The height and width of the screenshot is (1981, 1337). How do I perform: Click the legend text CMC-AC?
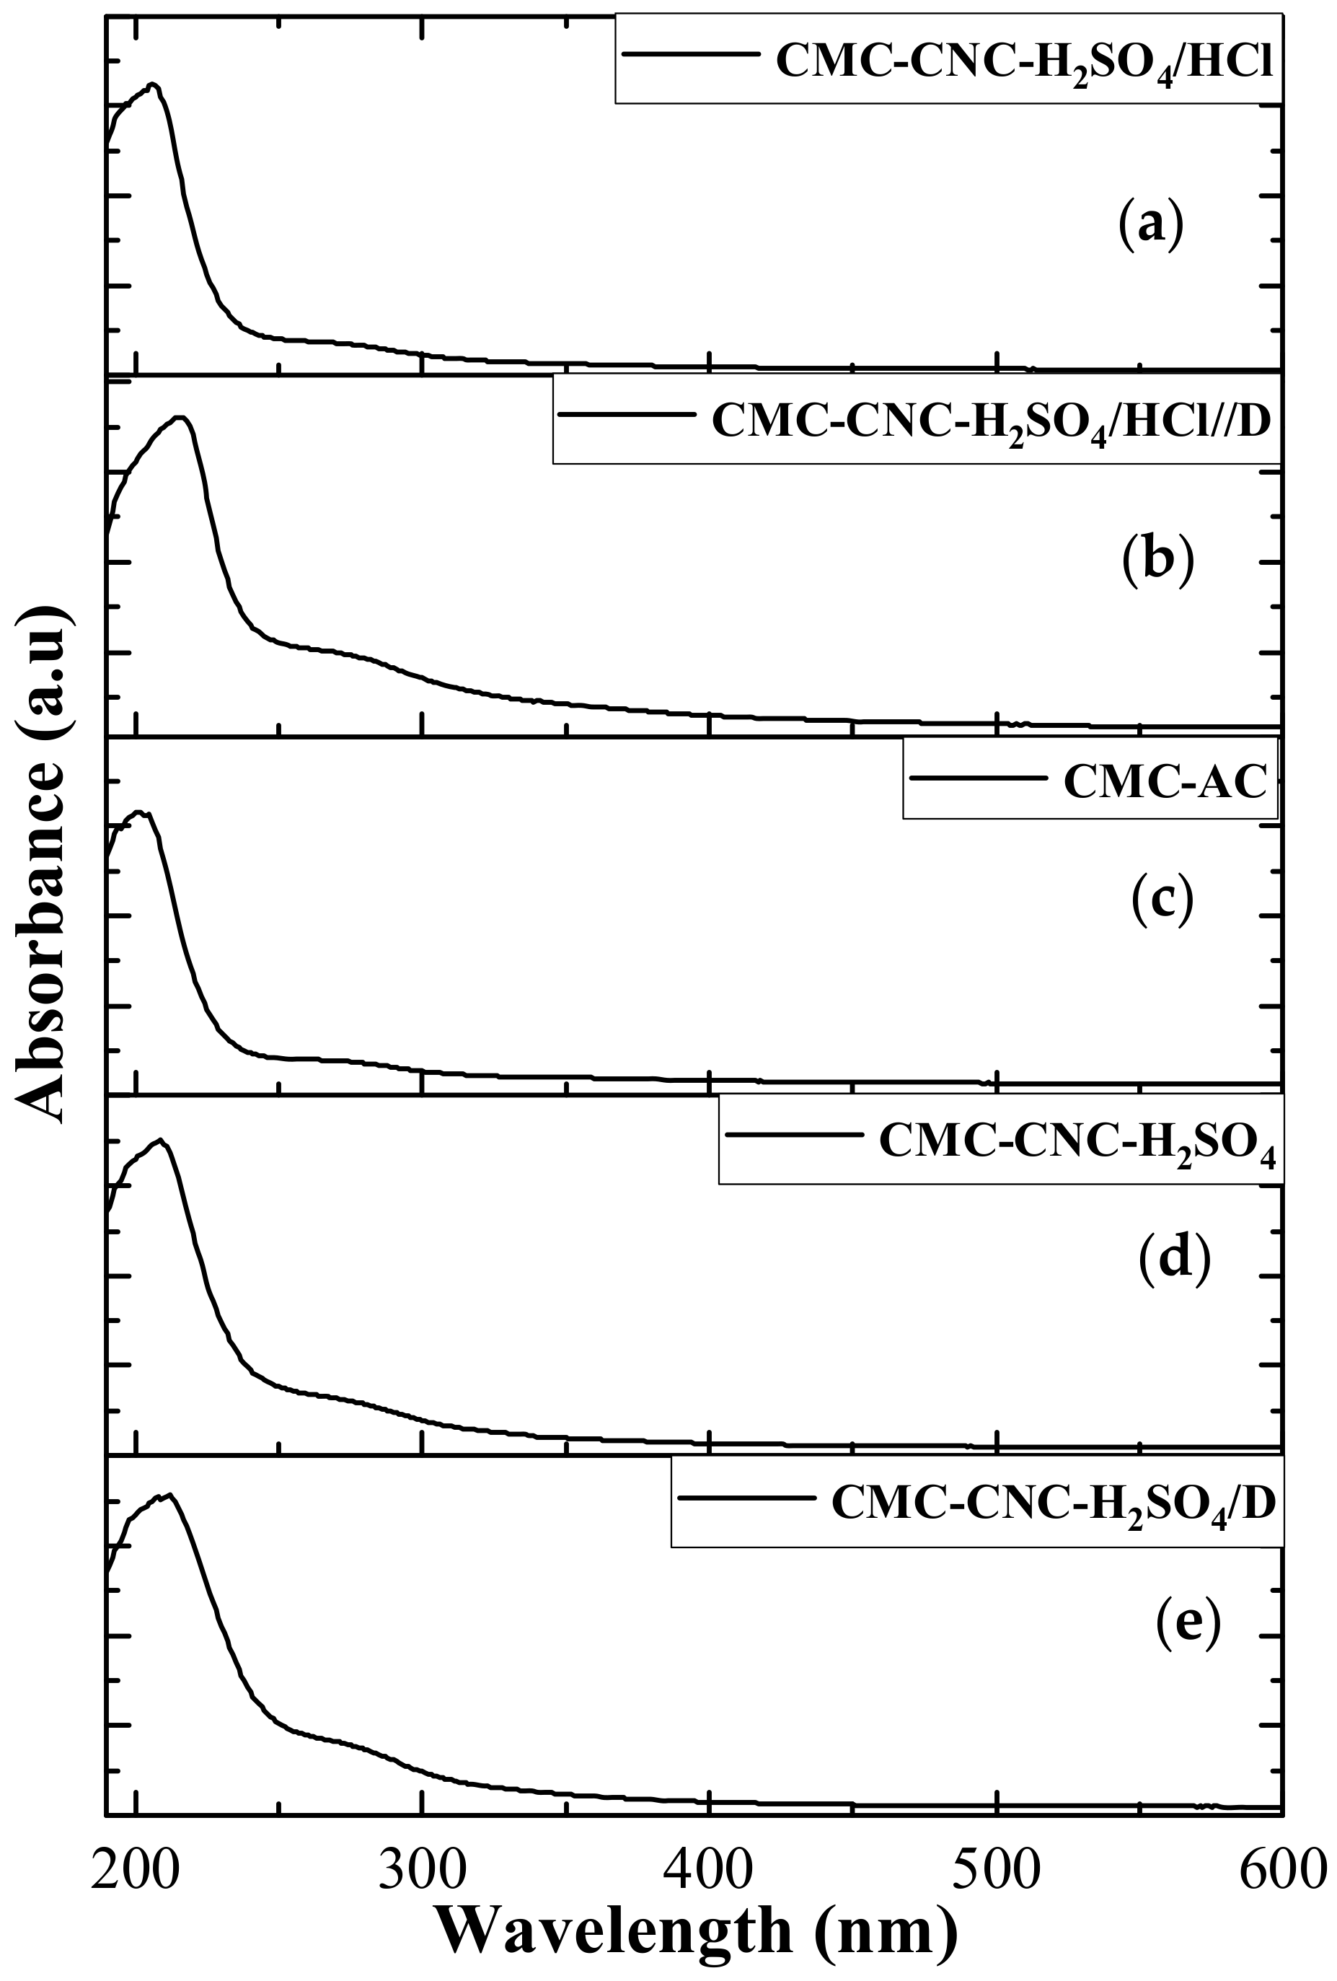(1165, 783)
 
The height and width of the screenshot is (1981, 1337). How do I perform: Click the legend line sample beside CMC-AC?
(979, 778)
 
